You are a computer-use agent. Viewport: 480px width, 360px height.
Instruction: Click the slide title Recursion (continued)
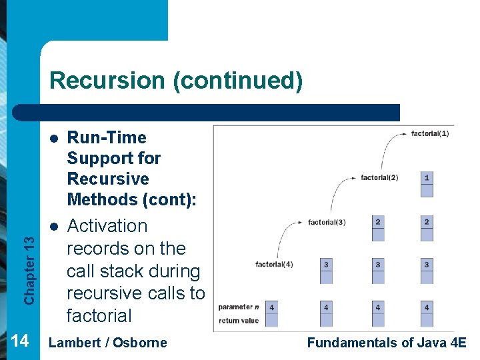(x=176, y=81)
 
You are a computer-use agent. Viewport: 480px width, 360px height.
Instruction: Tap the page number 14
(x=20, y=341)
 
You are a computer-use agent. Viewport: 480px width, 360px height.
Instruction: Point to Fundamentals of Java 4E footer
(x=387, y=343)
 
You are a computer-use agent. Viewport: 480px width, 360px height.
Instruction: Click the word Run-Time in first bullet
(x=107, y=137)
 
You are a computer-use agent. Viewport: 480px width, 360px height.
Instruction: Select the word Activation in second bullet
(x=107, y=226)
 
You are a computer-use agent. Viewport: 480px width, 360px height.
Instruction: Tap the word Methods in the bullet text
(x=99, y=199)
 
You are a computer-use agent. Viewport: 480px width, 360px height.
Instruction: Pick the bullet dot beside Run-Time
(x=53, y=138)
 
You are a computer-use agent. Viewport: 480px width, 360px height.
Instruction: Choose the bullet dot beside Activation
(x=53, y=227)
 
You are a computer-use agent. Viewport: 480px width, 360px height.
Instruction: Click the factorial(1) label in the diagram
(x=430, y=133)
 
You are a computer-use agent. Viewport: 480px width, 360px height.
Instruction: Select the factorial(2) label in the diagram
(x=379, y=177)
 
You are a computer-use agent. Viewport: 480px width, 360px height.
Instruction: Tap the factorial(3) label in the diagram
(x=327, y=222)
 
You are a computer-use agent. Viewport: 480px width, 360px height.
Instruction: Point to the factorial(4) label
(x=274, y=265)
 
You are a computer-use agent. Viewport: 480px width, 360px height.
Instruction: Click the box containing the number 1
(x=427, y=178)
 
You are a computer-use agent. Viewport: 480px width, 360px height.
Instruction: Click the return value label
(x=238, y=321)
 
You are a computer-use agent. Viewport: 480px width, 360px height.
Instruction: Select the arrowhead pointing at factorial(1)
(x=404, y=134)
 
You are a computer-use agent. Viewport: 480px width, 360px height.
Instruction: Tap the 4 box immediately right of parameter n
(x=272, y=307)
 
